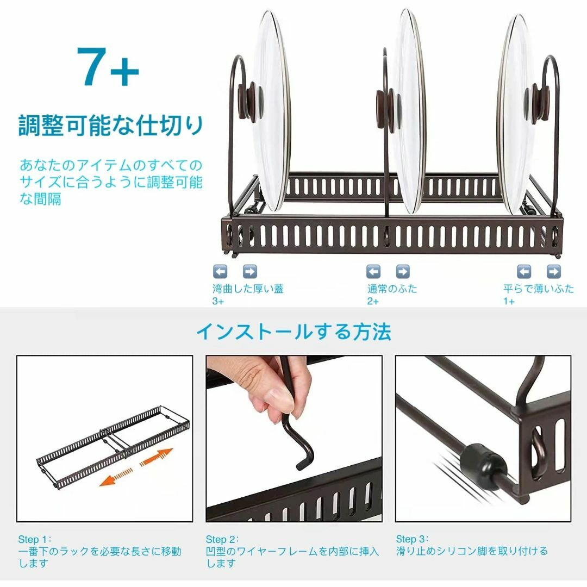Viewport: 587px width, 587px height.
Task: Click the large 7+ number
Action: pyautogui.click(x=108, y=67)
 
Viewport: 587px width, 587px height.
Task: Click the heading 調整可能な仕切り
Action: pyautogui.click(x=111, y=125)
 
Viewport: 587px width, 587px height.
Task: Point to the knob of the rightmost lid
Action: pyautogui.click(x=538, y=102)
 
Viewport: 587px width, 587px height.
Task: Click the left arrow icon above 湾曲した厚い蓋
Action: pyautogui.click(x=220, y=271)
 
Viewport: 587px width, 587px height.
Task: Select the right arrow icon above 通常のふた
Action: pyautogui.click(x=403, y=271)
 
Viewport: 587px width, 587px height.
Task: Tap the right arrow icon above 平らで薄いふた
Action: pyautogui.click(x=553, y=271)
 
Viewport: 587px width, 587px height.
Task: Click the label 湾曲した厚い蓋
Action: pyautogui.click(x=248, y=289)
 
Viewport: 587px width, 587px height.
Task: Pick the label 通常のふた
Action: pyautogui.click(x=392, y=289)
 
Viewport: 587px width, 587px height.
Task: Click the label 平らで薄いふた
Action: pyautogui.click(x=539, y=289)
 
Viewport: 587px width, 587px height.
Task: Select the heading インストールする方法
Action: pyautogui.click(x=293, y=331)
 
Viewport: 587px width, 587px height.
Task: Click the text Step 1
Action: pyautogui.click(x=34, y=540)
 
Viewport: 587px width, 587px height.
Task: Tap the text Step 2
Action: pyautogui.click(x=222, y=540)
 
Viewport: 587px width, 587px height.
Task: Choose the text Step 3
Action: pyautogui.click(x=413, y=540)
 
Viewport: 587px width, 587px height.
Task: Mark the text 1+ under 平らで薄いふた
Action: pyautogui.click(x=509, y=301)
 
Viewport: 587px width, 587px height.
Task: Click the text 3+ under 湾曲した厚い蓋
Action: pyautogui.click(x=218, y=301)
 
